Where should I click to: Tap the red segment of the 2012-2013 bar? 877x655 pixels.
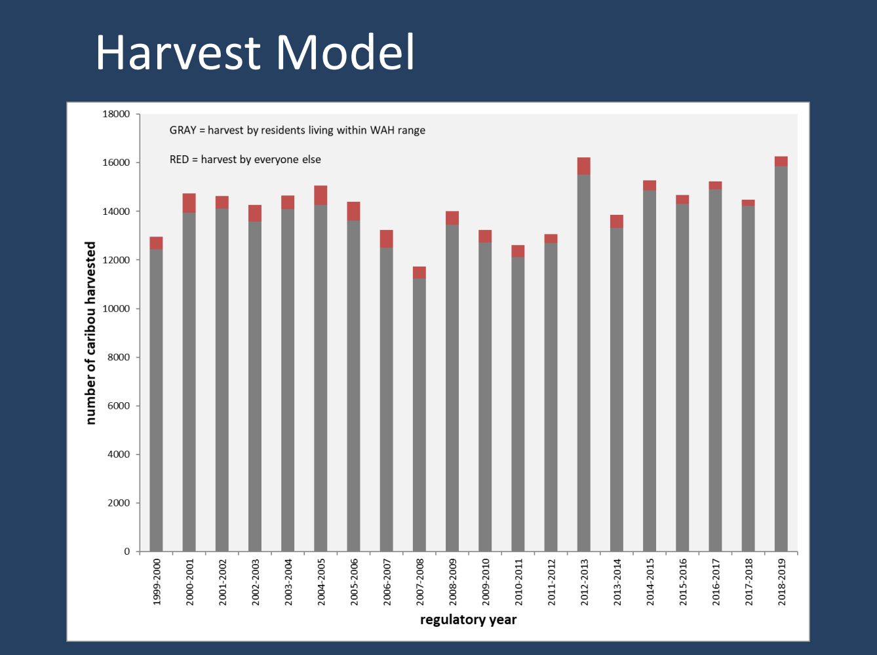click(x=583, y=166)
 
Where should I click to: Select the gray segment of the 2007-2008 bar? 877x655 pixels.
click(x=419, y=413)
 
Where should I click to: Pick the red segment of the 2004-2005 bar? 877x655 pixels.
click(x=321, y=195)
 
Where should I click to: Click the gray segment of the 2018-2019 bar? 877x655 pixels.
click(x=781, y=360)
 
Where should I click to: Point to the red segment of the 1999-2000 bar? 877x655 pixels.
click(x=156, y=243)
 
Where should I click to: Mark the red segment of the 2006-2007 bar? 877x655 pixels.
click(x=386, y=238)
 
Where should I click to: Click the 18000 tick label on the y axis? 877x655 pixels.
click(x=116, y=114)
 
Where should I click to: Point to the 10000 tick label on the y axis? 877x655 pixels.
click(x=116, y=309)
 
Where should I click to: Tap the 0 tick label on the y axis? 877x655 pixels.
click(x=127, y=552)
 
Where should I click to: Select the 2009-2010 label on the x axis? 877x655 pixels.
click(x=486, y=582)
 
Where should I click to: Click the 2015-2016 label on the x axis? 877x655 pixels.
click(x=683, y=582)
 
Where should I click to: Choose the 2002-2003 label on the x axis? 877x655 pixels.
click(x=256, y=582)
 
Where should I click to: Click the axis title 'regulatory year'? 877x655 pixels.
click(x=468, y=620)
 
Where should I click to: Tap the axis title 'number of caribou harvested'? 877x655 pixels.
click(x=91, y=333)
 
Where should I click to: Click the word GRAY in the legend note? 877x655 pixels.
click(x=183, y=130)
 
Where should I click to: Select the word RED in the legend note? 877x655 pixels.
click(x=179, y=159)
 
